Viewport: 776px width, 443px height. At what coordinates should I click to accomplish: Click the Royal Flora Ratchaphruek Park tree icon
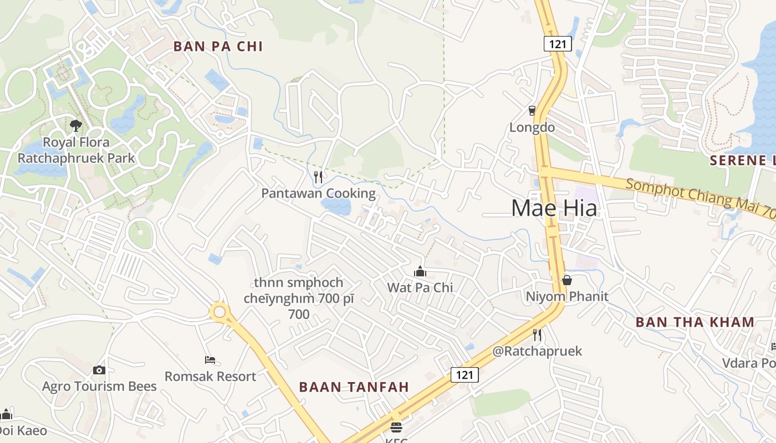(76, 126)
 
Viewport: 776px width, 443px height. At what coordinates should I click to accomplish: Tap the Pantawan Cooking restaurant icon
(318, 177)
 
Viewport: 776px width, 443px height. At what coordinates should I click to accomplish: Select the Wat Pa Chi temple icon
(420, 271)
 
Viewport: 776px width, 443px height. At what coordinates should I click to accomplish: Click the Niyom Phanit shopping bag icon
(566, 280)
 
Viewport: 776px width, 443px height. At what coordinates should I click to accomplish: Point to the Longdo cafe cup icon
(532, 111)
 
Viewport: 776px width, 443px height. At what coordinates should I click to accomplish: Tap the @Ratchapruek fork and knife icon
(537, 334)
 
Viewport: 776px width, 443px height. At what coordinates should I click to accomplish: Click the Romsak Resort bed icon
(210, 360)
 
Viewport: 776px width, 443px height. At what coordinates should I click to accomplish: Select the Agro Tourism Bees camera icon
(99, 370)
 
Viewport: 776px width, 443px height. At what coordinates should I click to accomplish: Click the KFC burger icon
(396, 427)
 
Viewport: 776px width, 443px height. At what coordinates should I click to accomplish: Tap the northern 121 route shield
(557, 44)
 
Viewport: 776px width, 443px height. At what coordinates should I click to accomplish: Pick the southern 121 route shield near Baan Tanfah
(464, 375)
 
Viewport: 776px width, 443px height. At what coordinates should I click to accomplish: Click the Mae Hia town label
(554, 208)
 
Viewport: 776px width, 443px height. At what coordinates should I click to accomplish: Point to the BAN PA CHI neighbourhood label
(218, 46)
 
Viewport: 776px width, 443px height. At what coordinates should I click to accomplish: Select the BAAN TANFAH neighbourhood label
(354, 387)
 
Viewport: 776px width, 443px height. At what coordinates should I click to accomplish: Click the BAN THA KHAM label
(695, 322)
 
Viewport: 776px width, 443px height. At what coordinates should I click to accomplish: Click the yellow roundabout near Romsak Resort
(220, 312)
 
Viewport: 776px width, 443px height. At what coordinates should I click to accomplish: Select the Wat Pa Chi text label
(420, 287)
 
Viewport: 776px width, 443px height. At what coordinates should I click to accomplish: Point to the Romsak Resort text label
(210, 377)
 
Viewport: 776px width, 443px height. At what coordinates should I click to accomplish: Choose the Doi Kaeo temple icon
(6, 414)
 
